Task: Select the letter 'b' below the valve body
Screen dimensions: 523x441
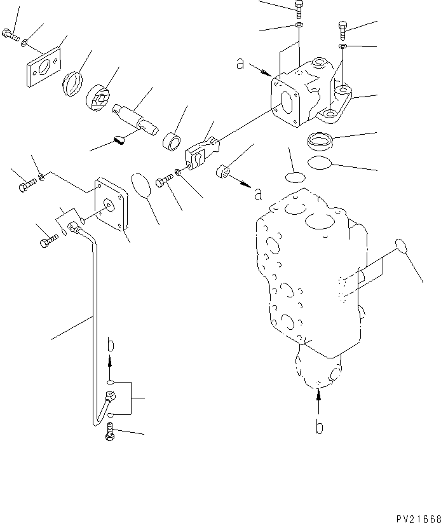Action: (x=319, y=427)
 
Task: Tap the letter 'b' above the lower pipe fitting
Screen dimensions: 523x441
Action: (x=111, y=346)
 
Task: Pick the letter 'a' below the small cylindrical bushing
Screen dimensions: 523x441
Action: (x=258, y=194)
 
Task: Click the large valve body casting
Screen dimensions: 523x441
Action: (x=311, y=273)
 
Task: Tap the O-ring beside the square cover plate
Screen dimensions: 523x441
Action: (x=144, y=184)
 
